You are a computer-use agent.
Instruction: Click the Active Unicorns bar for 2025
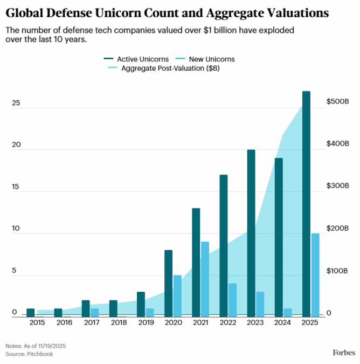pyautogui.click(x=306, y=203)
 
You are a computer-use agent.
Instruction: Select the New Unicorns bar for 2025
pyautogui.click(x=315, y=274)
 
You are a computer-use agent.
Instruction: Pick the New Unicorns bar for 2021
pyautogui.click(x=205, y=279)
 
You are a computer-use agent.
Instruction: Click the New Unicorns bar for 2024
pyautogui.click(x=287, y=312)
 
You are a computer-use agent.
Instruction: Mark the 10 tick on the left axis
pyautogui.click(x=16, y=229)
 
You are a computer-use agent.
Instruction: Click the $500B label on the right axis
pyautogui.click(x=338, y=102)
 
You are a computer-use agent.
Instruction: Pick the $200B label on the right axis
pyautogui.click(x=338, y=229)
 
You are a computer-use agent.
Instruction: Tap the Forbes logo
pyautogui.click(x=343, y=353)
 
